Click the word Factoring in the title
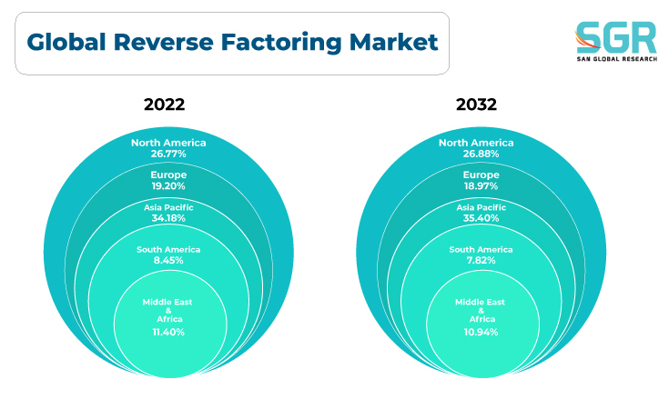[x=281, y=43]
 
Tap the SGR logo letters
[x=616, y=37]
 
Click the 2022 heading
[x=164, y=105]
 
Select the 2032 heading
[x=477, y=105]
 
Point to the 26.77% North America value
[x=168, y=154]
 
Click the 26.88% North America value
[x=481, y=154]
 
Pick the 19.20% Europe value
[x=168, y=186]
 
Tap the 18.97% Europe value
[x=481, y=186]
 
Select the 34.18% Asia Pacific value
[x=168, y=218]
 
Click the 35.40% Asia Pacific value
[x=481, y=218]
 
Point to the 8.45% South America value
[x=168, y=260]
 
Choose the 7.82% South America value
[x=481, y=260]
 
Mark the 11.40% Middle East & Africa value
[x=168, y=333]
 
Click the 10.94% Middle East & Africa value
[x=481, y=333]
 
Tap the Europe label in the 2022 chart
[x=168, y=175]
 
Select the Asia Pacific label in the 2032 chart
[x=481, y=207]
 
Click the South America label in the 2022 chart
[x=168, y=250]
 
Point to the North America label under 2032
[x=476, y=143]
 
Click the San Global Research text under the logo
[x=617, y=59]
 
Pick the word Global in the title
[x=66, y=42]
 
